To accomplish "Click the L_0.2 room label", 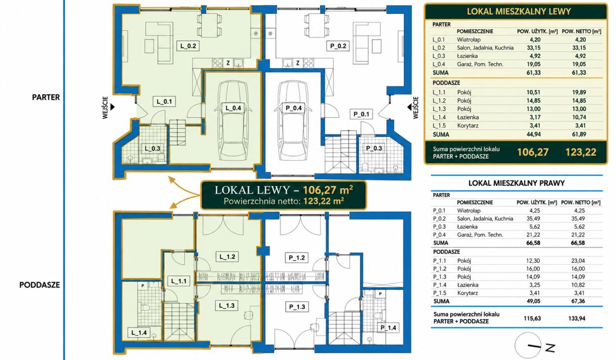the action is (188, 46).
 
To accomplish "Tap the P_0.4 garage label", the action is (294, 108).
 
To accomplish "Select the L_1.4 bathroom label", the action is (139, 333).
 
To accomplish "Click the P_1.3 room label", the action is (297, 307).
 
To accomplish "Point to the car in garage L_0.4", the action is (233, 120).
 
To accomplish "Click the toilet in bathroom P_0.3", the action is (365, 167).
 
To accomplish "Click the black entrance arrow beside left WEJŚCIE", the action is (112, 107).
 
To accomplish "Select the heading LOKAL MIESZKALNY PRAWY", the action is (516, 183).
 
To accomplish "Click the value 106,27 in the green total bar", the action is (533, 152).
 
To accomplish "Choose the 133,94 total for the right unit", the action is (577, 319).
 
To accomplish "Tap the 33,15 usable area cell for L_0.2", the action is (534, 48).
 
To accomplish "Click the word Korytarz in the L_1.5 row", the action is (468, 126).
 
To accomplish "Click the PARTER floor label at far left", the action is (46, 97).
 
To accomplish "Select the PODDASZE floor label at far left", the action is (39, 285).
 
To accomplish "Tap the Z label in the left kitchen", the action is (228, 63).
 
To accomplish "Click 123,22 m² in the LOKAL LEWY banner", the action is (323, 201).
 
